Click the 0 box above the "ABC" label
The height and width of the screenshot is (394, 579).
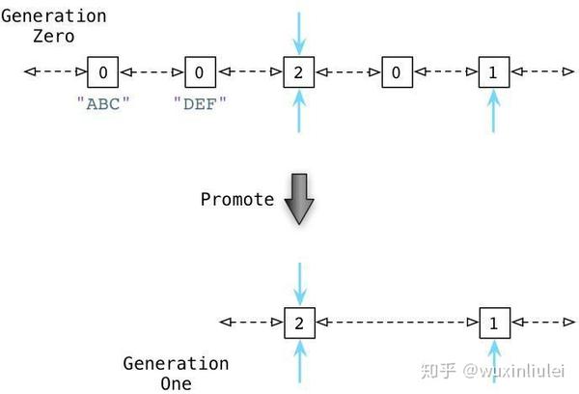tap(102, 71)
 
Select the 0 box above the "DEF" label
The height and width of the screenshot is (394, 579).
tap(199, 71)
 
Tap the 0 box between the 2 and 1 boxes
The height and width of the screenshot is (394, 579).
tap(396, 71)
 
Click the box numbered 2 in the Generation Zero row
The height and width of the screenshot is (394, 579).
tap(299, 71)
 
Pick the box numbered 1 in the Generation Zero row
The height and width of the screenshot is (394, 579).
tap(493, 71)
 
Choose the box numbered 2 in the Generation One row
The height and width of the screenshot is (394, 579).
tap(299, 323)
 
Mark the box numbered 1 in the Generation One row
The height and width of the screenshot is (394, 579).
tap(494, 323)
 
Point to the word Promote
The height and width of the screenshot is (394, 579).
tap(236, 200)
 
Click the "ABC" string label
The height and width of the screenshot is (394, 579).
tap(102, 104)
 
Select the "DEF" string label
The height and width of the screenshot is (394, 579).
tap(199, 104)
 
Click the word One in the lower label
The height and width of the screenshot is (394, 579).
tap(177, 383)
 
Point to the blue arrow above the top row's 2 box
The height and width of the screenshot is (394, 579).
tap(299, 32)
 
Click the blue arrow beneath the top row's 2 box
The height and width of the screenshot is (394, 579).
tap(299, 111)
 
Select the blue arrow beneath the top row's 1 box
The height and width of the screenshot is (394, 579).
tap(493, 111)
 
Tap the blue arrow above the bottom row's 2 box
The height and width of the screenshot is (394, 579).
tap(299, 284)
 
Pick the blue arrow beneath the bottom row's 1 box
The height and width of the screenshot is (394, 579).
tap(494, 361)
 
